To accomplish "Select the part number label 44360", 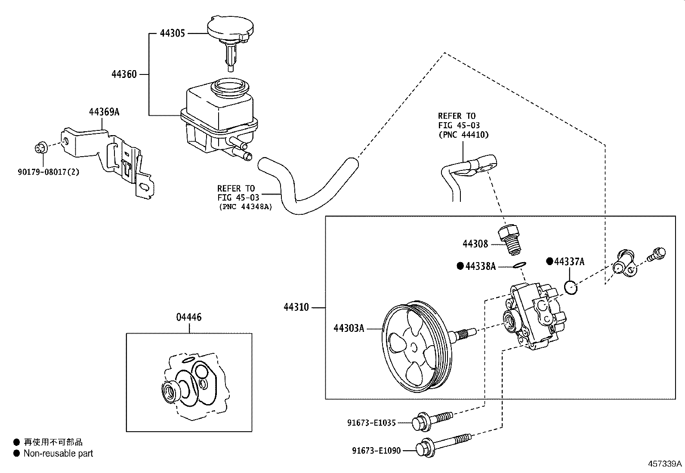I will coord(124,74).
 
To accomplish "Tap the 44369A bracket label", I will coord(104,112).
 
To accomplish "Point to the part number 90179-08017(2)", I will coord(49,172).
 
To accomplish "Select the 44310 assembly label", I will coord(296,307).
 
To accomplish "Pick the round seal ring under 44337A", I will coord(571,287).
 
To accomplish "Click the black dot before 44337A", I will coord(549,261).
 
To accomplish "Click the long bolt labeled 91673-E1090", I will coord(443,445).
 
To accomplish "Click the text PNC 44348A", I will coord(246,207).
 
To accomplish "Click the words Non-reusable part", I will coord(58,453).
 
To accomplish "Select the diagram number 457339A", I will coord(665,464).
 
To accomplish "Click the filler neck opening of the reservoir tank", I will coord(231,85).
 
